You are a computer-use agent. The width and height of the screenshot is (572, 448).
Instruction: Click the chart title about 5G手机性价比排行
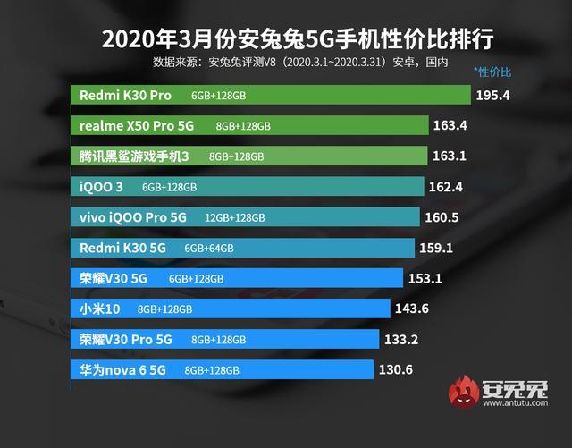click(x=286, y=39)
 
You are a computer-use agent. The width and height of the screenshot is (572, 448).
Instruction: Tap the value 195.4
click(x=492, y=95)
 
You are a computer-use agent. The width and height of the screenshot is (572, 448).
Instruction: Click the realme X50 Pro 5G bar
click(x=250, y=125)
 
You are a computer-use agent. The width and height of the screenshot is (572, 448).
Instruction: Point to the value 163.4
click(x=450, y=125)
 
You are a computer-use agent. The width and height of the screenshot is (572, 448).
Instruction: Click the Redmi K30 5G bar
click(x=242, y=248)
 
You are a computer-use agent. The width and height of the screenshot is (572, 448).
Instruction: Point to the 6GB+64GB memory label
click(x=209, y=249)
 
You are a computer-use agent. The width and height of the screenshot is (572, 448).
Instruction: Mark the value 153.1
click(x=425, y=278)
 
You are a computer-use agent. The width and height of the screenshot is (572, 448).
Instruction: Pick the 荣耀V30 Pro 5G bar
click(x=224, y=339)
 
